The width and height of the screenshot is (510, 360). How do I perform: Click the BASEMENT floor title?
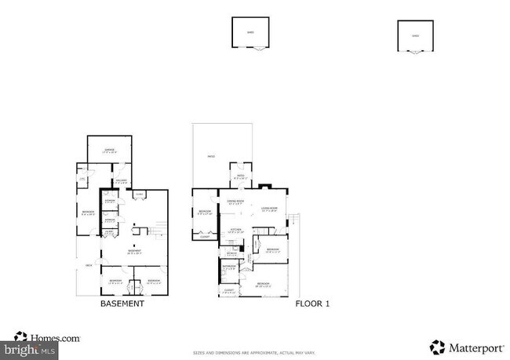tap(122, 304)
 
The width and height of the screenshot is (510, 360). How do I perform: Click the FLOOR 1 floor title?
tap(311, 304)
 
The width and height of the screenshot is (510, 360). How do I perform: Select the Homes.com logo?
tap(48, 338)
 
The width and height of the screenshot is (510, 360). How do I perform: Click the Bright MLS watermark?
tap(29, 348)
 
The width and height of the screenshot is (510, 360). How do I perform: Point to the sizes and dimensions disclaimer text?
tap(254, 353)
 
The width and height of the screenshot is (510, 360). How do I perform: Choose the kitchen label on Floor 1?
tap(235, 231)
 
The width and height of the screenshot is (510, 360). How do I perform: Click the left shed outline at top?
tap(250, 34)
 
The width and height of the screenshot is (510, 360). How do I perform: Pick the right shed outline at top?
tap(416, 36)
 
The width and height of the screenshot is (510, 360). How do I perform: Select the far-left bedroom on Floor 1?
tap(204, 213)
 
